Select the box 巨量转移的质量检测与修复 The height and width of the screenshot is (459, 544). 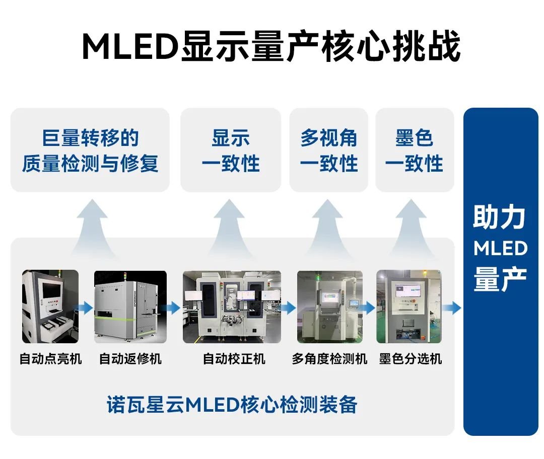(90, 150)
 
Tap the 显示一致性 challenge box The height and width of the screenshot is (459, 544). (231, 150)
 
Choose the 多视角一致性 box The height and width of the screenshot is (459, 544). (329, 150)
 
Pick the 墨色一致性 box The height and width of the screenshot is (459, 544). (415, 150)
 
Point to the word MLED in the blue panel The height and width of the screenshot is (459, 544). (500, 248)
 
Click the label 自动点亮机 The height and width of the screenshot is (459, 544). (50, 359)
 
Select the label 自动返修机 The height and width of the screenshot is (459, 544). (130, 359)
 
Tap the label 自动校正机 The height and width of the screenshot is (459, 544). (234, 359)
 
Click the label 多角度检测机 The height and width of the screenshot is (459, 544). (330, 359)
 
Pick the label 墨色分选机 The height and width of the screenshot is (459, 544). (411, 359)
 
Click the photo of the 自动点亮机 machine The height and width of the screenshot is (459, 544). (50, 307)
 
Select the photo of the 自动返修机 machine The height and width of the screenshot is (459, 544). (130, 307)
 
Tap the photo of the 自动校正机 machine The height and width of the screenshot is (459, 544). (232, 307)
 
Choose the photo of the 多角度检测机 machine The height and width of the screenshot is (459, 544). (330, 307)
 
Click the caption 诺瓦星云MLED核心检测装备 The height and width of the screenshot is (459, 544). (232, 404)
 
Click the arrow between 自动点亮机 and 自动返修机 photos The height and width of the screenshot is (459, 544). (85, 307)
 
